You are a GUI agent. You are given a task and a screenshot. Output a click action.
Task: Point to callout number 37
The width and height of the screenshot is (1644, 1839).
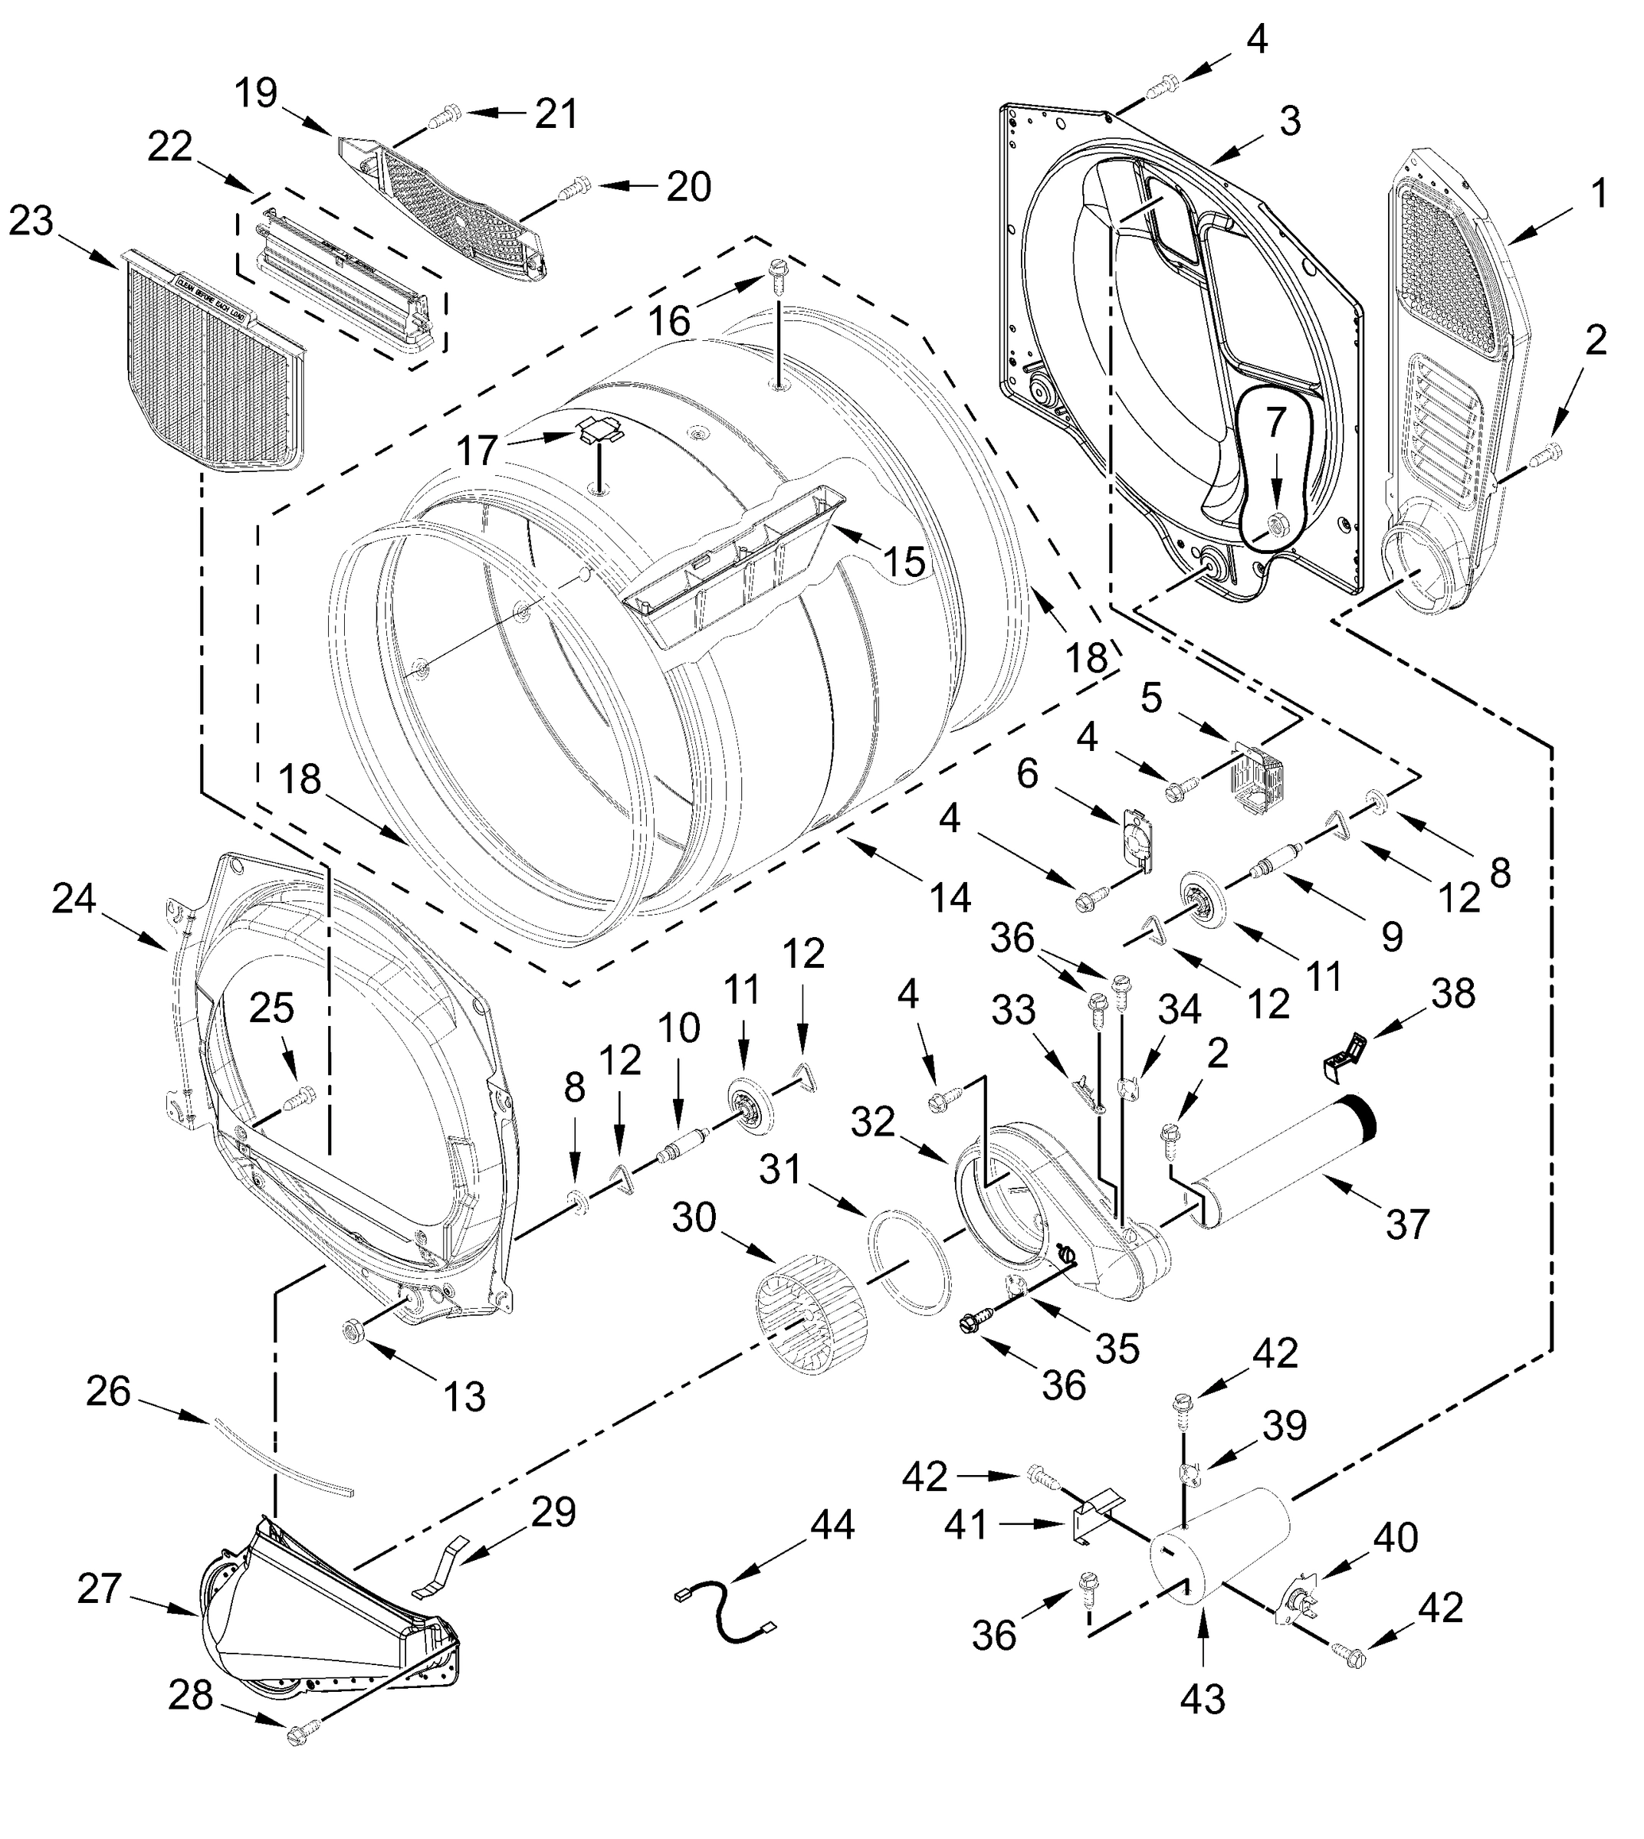click(x=1406, y=1224)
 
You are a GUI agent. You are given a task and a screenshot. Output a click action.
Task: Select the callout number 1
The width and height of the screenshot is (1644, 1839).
click(x=1598, y=192)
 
